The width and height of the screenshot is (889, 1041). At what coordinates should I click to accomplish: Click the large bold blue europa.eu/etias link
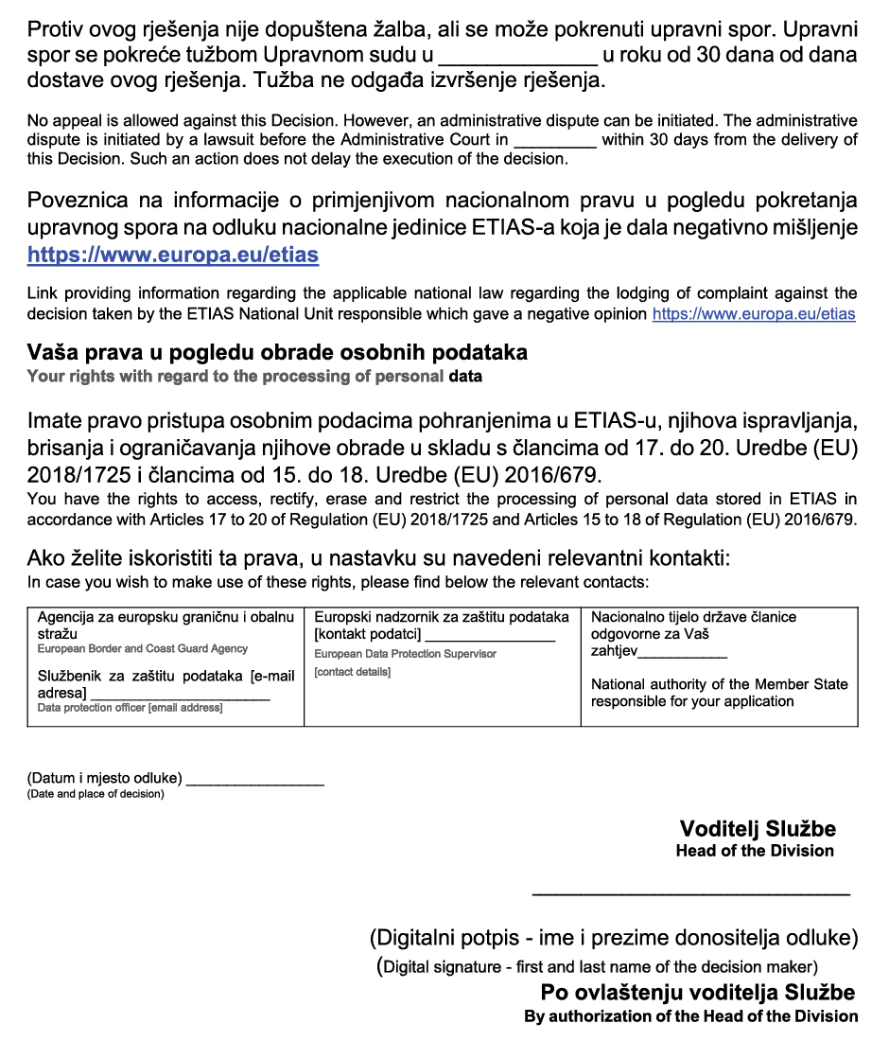click(x=173, y=255)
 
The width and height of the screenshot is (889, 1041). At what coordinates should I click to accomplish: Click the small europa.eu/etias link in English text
click(x=754, y=313)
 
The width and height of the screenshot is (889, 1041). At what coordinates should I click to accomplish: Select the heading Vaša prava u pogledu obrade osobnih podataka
click(x=277, y=353)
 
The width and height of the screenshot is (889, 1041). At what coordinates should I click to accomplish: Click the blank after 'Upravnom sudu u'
click(x=517, y=57)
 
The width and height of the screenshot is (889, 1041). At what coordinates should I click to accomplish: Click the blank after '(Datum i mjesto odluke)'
click(x=255, y=781)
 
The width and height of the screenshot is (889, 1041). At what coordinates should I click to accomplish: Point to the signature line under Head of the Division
click(x=691, y=892)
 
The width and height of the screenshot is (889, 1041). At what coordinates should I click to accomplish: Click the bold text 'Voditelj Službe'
click(x=758, y=829)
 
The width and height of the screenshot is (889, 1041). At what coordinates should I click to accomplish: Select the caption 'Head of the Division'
click(x=755, y=851)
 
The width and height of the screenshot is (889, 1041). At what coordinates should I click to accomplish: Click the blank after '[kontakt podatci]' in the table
click(x=489, y=637)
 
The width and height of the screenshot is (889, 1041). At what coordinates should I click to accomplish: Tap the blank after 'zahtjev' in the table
click(x=683, y=652)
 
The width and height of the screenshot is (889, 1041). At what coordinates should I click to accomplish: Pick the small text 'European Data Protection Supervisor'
click(x=405, y=654)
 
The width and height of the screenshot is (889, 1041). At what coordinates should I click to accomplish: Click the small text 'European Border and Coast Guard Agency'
click(x=143, y=649)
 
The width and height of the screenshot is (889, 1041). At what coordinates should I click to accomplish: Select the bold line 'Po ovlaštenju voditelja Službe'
click(x=698, y=993)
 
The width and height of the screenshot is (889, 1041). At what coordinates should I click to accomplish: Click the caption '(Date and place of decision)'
click(x=95, y=794)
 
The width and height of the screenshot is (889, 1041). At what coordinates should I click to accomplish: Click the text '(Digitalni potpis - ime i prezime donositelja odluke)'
click(x=613, y=939)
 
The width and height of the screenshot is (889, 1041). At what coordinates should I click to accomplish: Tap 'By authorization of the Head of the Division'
click(x=691, y=1016)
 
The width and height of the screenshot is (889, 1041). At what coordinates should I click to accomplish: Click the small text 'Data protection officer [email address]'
click(x=130, y=708)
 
